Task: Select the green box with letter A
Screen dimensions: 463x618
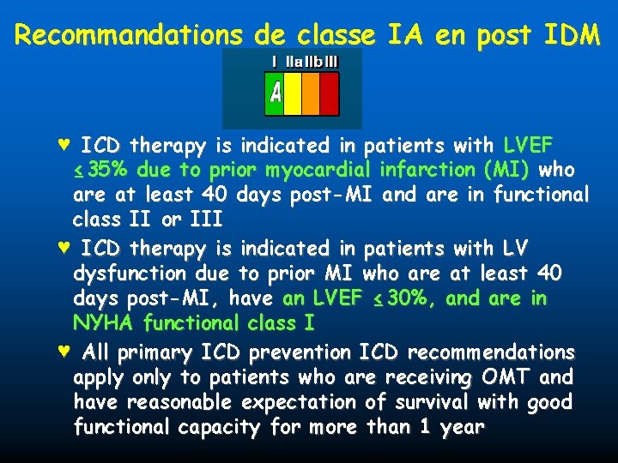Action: point(275,93)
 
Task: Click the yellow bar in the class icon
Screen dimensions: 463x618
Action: point(293,93)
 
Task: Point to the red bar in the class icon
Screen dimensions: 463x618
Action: point(329,93)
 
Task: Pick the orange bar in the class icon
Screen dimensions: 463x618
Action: point(311,93)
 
